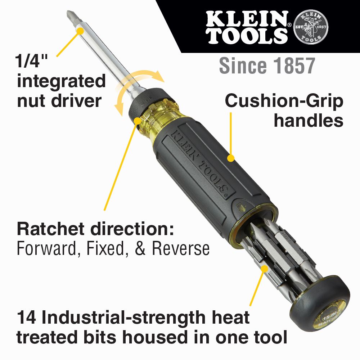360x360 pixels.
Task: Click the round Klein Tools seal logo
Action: pos(311,27)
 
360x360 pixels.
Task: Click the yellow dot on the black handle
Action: pos(231,158)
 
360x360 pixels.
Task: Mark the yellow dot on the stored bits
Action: pos(265,268)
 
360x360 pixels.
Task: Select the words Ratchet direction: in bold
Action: pos(95,230)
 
